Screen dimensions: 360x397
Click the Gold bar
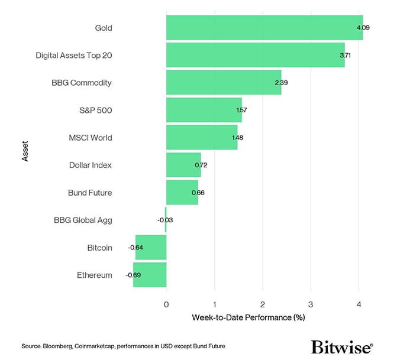pyautogui.click(x=264, y=28)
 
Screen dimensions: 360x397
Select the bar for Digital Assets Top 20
pyautogui.click(x=255, y=55)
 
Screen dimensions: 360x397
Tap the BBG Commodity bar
pyautogui.click(x=224, y=83)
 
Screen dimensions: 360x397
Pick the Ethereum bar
pyautogui.click(x=150, y=275)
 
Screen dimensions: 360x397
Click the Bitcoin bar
pyautogui.click(x=151, y=248)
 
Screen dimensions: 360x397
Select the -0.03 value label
pyautogui.click(x=165, y=220)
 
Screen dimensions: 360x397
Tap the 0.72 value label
pyautogui.click(x=201, y=165)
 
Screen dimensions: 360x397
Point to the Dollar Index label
pyautogui.click(x=90, y=165)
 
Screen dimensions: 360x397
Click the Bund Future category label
pyautogui.click(x=90, y=193)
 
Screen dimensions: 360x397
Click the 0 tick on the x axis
pyautogui.click(x=166, y=304)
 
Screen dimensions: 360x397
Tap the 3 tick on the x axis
pyautogui.click(x=311, y=304)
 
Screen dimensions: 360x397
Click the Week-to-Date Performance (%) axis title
pyautogui.click(x=248, y=317)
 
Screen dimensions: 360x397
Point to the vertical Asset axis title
pyautogui.click(x=24, y=151)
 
